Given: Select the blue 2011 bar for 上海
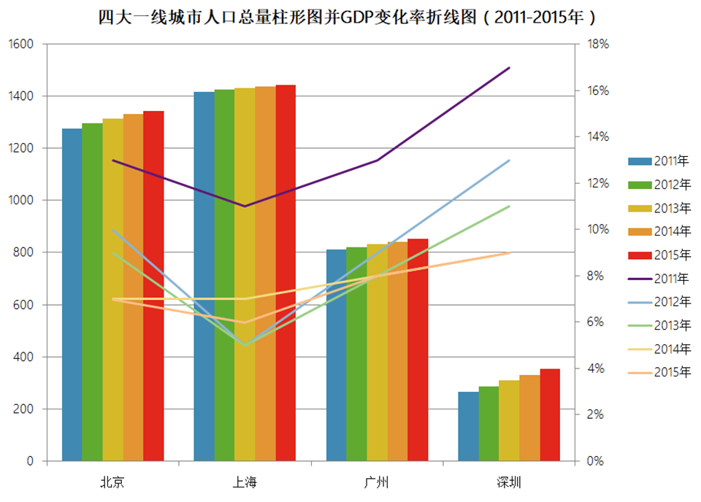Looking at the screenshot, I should [204, 277].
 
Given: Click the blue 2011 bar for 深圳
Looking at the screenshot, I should [468, 426].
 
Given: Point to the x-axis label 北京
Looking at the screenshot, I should [112, 482].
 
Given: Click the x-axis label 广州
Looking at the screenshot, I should [377, 482].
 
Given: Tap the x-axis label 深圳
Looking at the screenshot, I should [509, 482].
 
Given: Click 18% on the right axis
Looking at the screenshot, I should [597, 44].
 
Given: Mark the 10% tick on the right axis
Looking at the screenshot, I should [597, 229].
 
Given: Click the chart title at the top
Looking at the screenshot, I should [351, 17].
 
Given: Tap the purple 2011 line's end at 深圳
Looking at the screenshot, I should [509, 67].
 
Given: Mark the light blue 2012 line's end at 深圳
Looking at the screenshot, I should [509, 160].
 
